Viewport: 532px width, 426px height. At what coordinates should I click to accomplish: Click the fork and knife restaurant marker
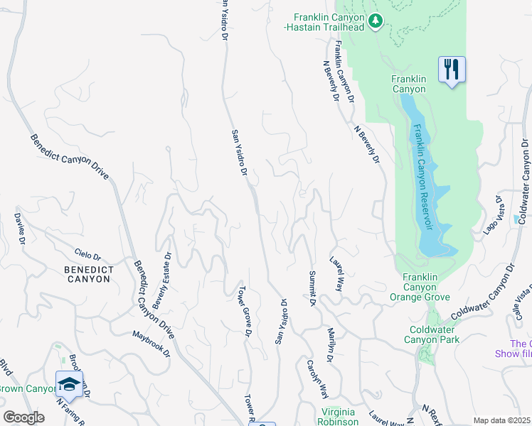451,70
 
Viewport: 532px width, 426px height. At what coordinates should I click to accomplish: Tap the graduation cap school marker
69,385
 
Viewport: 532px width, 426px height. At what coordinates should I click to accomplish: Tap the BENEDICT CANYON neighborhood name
87,274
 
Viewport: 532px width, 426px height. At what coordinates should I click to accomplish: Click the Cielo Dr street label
88,255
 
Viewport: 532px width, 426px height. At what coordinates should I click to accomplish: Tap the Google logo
23,417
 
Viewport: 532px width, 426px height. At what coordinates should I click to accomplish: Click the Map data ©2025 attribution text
501,420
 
